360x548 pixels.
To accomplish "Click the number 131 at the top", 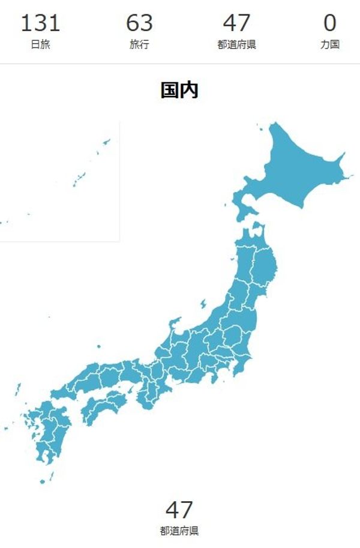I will coord(41,23).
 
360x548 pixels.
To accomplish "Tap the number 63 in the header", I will coord(139,23).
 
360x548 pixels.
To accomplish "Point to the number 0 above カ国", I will coord(330,23).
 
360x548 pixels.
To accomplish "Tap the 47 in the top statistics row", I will coord(236,23).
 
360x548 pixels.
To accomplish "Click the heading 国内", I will coord(179,90).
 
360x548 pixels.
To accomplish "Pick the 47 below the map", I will coord(179,510).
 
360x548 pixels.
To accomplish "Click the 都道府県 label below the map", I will coord(179,531).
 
